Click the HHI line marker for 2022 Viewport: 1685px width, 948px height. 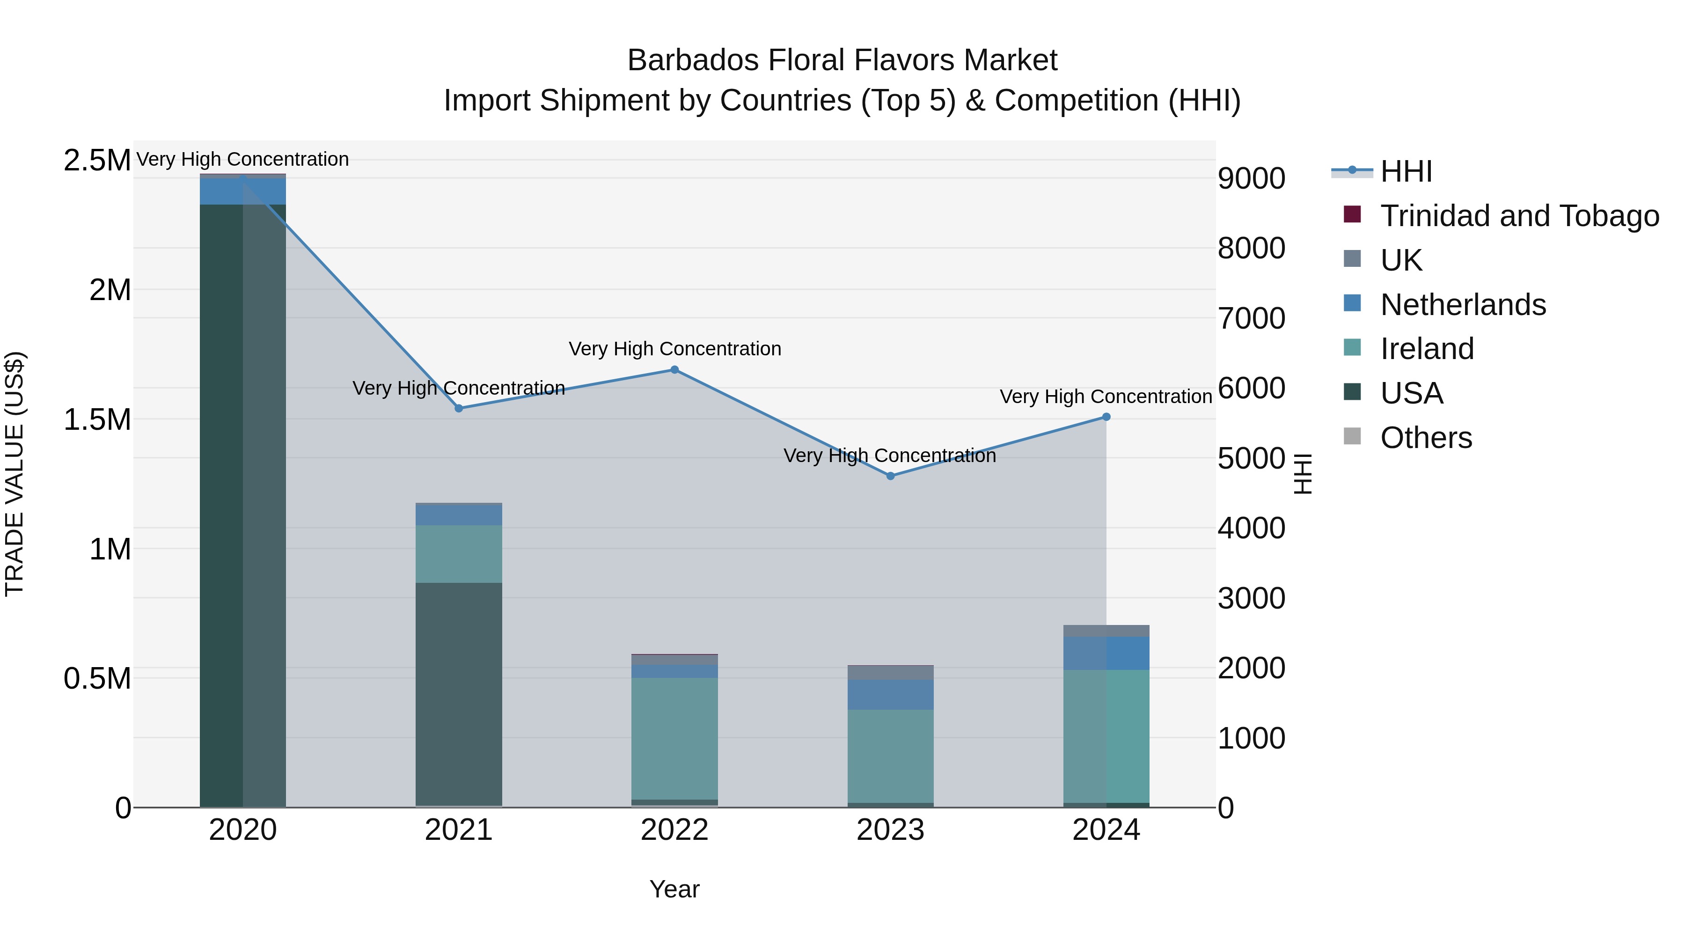[x=674, y=370]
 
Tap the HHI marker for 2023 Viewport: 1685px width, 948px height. [x=890, y=476]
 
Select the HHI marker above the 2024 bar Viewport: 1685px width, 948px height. [x=1106, y=417]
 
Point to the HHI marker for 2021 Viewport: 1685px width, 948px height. [x=459, y=408]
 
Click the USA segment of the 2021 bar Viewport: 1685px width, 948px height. [x=459, y=693]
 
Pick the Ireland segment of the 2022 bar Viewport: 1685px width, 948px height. [x=674, y=738]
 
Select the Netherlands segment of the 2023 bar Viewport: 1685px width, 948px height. [x=890, y=694]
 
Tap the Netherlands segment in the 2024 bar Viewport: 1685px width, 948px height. [x=1106, y=653]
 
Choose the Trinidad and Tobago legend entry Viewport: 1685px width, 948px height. [x=1519, y=216]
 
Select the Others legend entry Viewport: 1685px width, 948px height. [x=1426, y=438]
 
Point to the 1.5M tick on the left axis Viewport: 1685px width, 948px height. [x=97, y=419]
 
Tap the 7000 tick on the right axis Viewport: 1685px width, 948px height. [x=1251, y=319]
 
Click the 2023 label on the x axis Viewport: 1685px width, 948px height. [x=890, y=830]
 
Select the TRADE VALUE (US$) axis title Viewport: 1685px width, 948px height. [x=15, y=474]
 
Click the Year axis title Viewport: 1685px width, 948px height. [x=674, y=889]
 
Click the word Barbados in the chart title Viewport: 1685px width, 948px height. [x=692, y=60]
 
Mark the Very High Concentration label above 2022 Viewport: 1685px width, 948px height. [x=674, y=349]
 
